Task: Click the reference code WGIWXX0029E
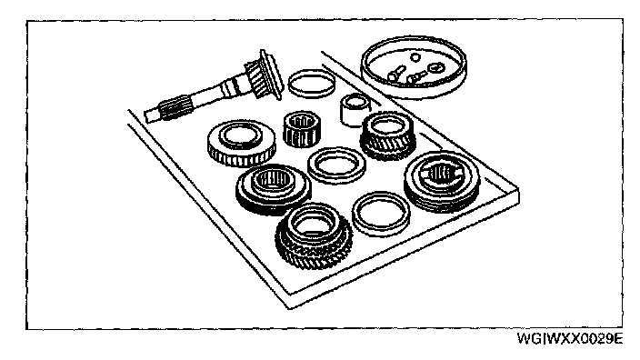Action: pyautogui.click(x=570, y=339)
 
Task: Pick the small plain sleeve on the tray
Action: pyautogui.click(x=354, y=108)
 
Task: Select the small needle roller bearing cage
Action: pyautogui.click(x=301, y=128)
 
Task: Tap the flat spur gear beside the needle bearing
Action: pyautogui.click(x=241, y=143)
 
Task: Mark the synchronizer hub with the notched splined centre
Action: pyautogui.click(x=443, y=181)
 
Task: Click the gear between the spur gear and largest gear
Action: pyautogui.click(x=273, y=189)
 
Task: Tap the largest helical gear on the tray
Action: pyautogui.click(x=314, y=236)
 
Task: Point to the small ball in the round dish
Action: pyautogui.click(x=415, y=57)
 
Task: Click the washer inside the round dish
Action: pyautogui.click(x=435, y=67)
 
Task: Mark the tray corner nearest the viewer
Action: pyautogui.click(x=289, y=308)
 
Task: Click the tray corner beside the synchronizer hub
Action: pyautogui.click(x=518, y=188)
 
